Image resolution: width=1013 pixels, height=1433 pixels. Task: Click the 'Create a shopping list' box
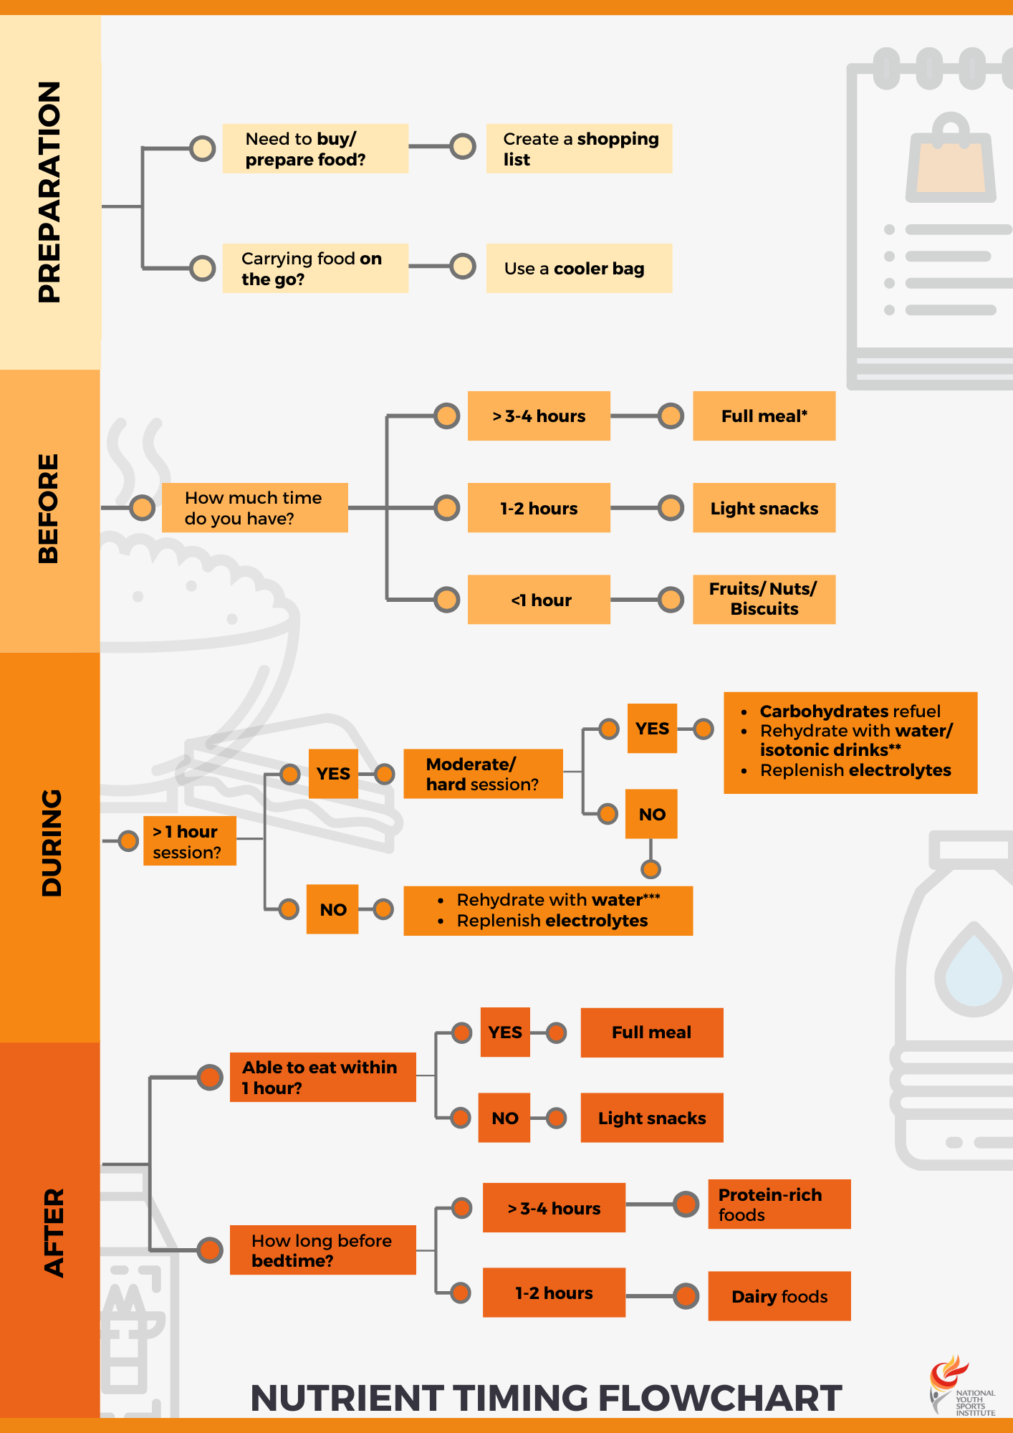(579, 148)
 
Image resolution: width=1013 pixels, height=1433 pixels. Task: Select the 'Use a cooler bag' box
(579, 269)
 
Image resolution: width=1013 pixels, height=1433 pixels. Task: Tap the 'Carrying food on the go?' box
(315, 269)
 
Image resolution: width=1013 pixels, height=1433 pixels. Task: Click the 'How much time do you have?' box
(254, 508)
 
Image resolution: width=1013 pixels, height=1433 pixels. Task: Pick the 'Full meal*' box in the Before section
(764, 416)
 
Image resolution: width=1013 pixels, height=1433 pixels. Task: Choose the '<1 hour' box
(539, 600)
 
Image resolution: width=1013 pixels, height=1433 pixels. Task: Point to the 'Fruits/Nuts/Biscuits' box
(764, 600)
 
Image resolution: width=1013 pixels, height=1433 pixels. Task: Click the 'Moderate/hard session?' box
(483, 774)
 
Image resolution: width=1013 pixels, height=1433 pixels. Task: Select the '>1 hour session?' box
(189, 841)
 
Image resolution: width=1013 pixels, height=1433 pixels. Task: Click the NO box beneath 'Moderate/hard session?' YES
(651, 814)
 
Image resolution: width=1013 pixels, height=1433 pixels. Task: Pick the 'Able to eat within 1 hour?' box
(322, 1077)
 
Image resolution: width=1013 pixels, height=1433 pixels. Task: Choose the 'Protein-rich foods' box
(779, 1204)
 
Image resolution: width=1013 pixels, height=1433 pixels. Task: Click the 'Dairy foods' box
(779, 1296)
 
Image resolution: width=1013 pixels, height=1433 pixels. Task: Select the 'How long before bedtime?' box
(322, 1250)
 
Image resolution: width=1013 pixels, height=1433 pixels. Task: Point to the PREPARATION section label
(49, 192)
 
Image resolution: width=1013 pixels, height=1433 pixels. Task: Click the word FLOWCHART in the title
(719, 1398)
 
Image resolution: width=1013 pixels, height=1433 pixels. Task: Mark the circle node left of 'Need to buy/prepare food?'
(203, 148)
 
